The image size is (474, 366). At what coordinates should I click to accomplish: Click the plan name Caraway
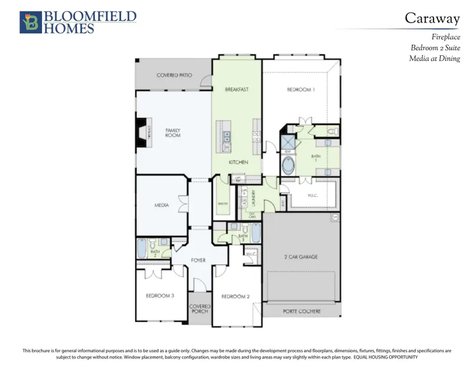tap(432, 18)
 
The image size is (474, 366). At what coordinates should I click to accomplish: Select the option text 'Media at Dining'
tap(434, 58)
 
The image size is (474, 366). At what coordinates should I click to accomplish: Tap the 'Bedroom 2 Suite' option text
tap(435, 47)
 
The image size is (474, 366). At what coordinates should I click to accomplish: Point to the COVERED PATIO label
tap(174, 75)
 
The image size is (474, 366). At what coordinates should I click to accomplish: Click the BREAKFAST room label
tap(236, 90)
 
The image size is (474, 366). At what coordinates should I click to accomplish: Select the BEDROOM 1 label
tap(301, 90)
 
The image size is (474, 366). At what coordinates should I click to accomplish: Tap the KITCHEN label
tap(238, 162)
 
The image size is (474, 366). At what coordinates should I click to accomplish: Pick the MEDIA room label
tap(161, 205)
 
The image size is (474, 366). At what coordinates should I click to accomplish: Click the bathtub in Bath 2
tap(142, 249)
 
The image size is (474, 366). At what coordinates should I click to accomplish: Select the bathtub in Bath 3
tap(255, 232)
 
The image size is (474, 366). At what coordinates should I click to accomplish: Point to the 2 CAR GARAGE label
tap(300, 257)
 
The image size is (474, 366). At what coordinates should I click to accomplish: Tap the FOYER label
tap(198, 260)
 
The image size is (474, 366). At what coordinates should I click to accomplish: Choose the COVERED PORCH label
tap(200, 309)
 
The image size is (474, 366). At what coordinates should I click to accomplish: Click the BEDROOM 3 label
tap(160, 295)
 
